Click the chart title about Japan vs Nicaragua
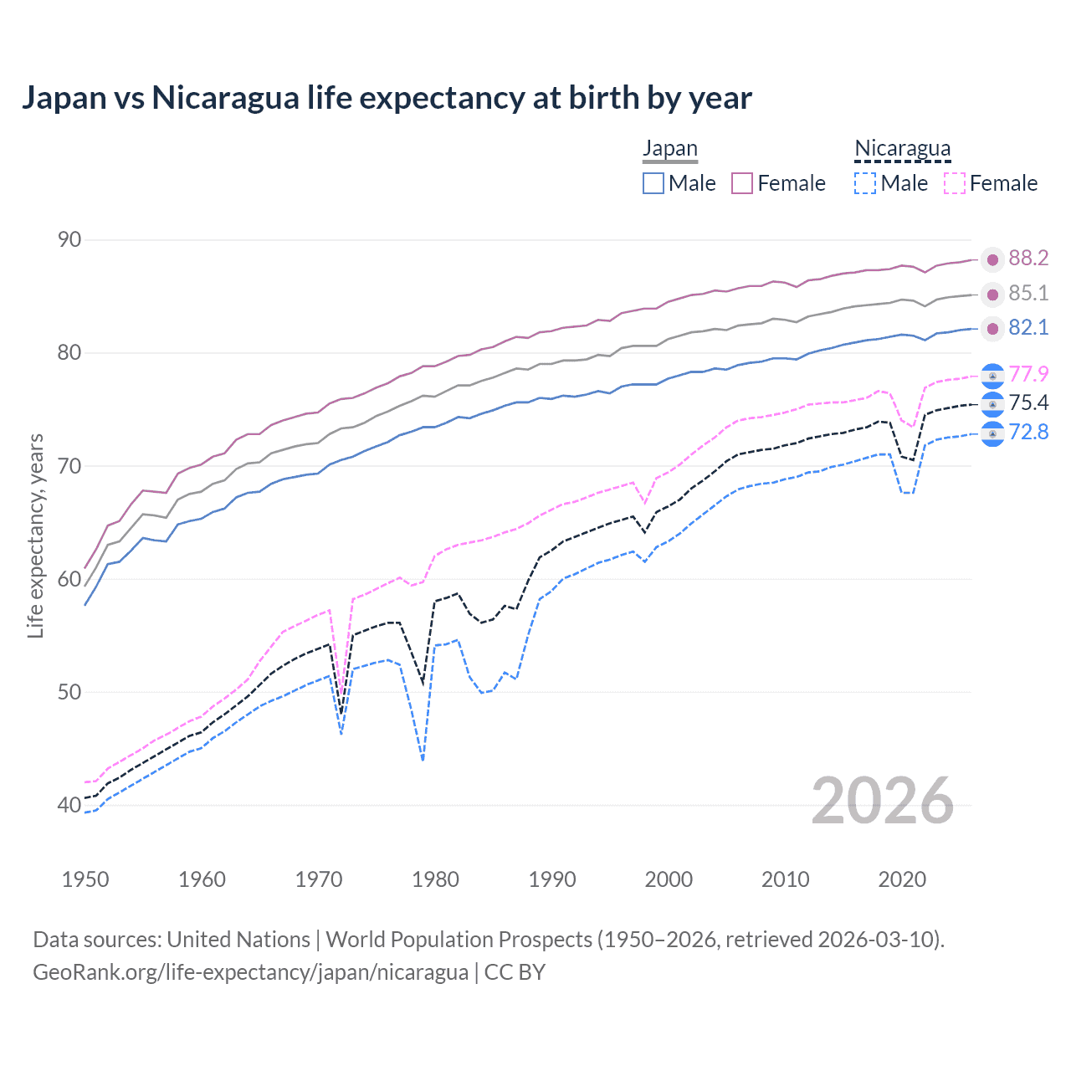[387, 98]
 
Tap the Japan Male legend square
[653, 183]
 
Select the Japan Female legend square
[742, 183]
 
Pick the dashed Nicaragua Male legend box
[865, 183]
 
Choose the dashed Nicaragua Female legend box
[955, 183]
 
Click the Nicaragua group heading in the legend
[902, 148]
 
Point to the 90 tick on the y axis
[69, 240]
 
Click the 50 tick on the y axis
[69, 692]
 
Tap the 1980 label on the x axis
[436, 879]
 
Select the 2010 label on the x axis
[786, 879]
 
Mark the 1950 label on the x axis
[86, 879]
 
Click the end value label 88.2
[1028, 259]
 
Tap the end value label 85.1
[1028, 294]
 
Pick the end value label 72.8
[1028, 433]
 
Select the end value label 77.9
[1028, 374]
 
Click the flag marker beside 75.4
[992, 404]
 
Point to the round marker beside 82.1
[992, 329]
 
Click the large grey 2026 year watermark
[883, 802]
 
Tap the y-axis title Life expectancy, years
[36, 535]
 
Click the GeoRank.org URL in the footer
[250, 972]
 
